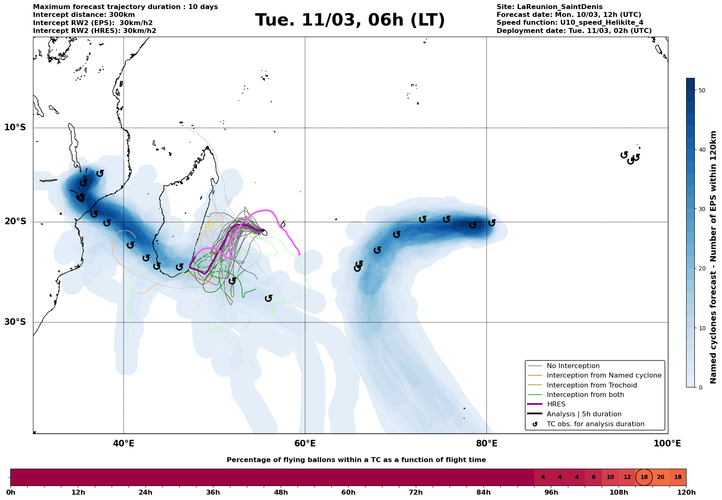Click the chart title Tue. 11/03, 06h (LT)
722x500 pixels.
tap(350, 20)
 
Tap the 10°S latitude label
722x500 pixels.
tap(15, 127)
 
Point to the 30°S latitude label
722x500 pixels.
tap(15, 322)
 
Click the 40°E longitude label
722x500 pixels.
tap(124, 444)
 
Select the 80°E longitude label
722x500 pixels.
tap(487, 444)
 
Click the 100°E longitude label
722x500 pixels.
tap(667, 444)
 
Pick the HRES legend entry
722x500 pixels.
tap(556, 404)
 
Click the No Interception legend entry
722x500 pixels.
tap(573, 366)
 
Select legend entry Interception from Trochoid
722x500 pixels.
tap(592, 385)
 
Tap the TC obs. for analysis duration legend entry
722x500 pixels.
tap(595, 424)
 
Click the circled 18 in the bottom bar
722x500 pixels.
tap(644, 477)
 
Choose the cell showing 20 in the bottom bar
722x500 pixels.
tap(661, 477)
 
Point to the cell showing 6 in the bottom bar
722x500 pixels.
tap(593, 477)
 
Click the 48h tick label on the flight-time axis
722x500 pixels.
tap(281, 493)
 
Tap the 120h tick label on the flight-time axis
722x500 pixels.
tap(686, 493)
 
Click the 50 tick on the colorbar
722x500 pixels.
tap(702, 90)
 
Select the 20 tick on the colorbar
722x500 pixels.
tap(702, 269)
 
